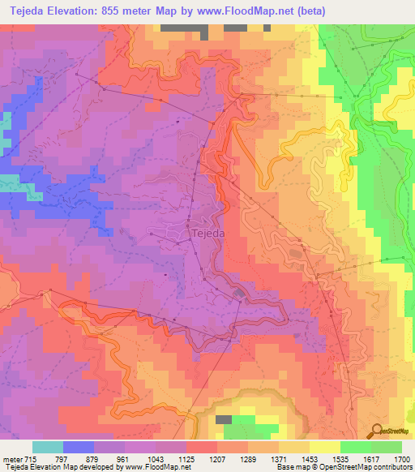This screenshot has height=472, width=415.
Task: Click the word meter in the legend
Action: coord(12,458)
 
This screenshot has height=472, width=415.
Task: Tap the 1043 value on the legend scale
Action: coord(157,458)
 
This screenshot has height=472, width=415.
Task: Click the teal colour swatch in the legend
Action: coord(48,447)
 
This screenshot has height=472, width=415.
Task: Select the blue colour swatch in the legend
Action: coord(79,447)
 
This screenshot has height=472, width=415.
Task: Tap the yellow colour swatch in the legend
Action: coord(324,447)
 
